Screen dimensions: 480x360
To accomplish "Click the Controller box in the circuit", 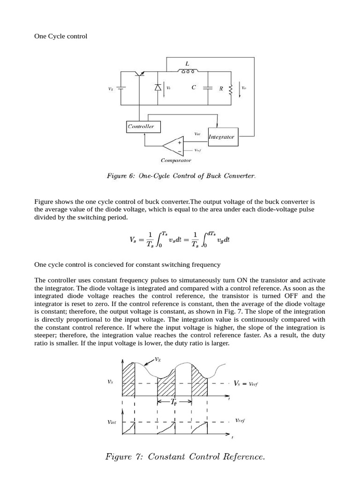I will (x=141, y=127).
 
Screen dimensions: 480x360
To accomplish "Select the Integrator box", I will (x=222, y=137).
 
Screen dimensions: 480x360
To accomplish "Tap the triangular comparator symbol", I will (x=175, y=147).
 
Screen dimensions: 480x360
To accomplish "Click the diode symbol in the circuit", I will (x=158, y=88).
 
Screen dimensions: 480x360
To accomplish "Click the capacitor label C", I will (x=194, y=87).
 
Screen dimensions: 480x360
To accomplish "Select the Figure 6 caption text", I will (x=181, y=176).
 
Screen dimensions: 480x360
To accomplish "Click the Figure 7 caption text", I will (x=185, y=457).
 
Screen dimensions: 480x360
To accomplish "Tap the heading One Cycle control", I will (x=61, y=36).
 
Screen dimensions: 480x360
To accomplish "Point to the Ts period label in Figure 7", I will (x=174, y=402).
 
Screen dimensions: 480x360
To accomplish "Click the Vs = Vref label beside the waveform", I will (x=246, y=383).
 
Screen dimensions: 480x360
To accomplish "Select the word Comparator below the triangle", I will (x=176, y=160).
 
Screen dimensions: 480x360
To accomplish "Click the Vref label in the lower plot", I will (x=240, y=420).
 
